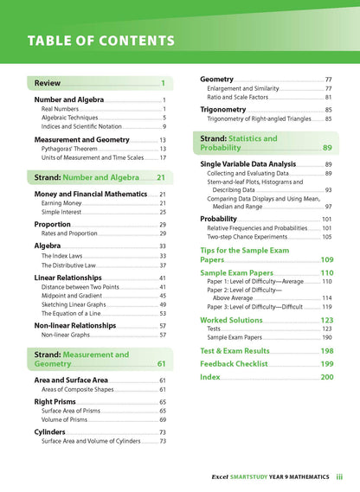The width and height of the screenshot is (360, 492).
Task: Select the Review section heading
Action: tap(48, 83)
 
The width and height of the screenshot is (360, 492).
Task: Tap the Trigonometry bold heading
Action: tap(228, 110)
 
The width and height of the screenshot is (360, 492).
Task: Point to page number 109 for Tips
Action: tap(326, 259)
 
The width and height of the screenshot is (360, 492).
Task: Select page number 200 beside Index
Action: tap(326, 378)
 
